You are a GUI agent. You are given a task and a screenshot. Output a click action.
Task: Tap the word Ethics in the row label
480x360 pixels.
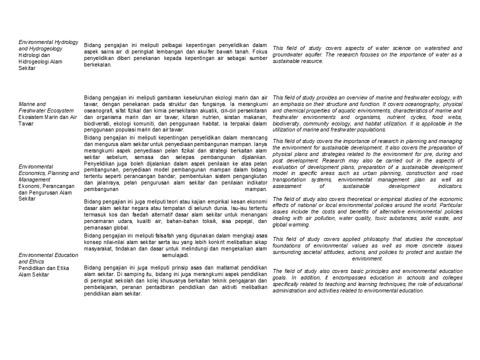(50, 261)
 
